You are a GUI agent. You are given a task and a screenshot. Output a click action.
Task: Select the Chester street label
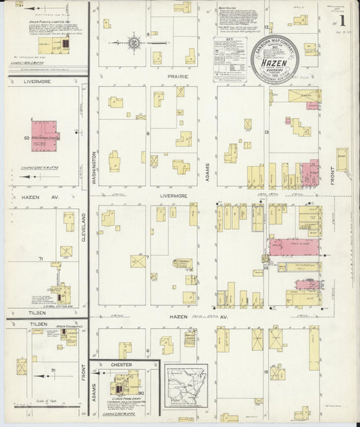[120, 364]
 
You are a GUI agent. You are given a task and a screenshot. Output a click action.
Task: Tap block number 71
[41, 259]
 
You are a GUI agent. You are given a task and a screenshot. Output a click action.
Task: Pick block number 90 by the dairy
[141, 393]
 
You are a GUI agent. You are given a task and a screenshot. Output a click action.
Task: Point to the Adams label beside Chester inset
[94, 389]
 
